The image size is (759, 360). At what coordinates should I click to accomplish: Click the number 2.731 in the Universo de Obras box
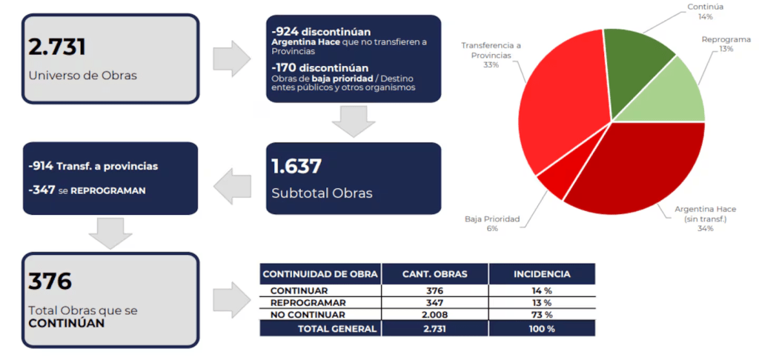click(57, 47)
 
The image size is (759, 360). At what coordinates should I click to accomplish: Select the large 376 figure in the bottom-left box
click(50, 281)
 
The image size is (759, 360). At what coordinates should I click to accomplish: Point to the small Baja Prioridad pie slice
click(553, 181)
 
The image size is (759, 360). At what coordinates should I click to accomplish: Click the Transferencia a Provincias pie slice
click(559, 111)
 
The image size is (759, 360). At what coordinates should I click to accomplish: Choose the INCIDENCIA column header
click(542, 274)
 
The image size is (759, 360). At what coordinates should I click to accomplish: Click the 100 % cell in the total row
click(542, 329)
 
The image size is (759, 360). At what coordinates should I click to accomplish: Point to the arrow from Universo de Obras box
click(231, 59)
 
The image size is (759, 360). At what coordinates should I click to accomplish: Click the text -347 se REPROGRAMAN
click(87, 190)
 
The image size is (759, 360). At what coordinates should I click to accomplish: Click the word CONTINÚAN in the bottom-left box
click(66, 324)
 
